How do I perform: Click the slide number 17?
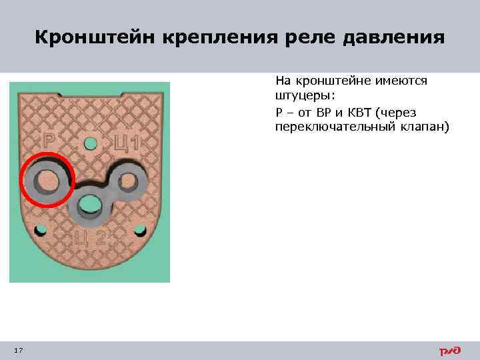[x=18, y=350]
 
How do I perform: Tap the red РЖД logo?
[x=449, y=351]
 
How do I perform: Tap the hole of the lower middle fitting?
[x=88, y=206]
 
